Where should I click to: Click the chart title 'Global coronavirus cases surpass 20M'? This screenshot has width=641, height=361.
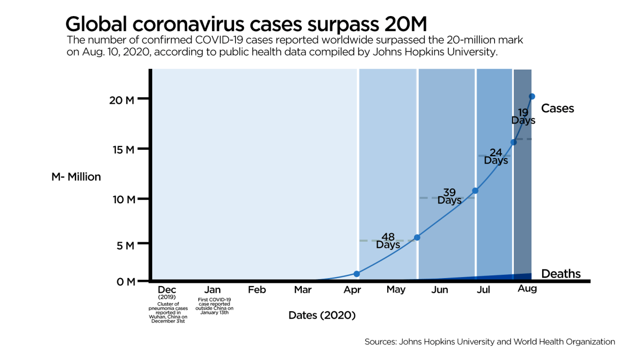[x=246, y=24]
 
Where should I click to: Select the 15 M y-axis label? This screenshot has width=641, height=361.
[x=122, y=150]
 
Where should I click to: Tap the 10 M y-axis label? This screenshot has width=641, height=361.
[x=122, y=199]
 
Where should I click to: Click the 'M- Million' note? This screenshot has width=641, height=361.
[x=76, y=176]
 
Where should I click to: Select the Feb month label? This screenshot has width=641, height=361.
[x=257, y=290]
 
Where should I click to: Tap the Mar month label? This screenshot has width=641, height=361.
[x=302, y=290]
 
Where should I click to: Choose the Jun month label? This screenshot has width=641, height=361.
[x=439, y=290]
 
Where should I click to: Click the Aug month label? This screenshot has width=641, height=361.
[x=527, y=289]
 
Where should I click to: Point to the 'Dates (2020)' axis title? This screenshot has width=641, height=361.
[x=322, y=315]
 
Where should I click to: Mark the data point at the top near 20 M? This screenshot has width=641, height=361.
[x=531, y=96]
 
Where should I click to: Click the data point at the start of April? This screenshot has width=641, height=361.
[x=357, y=274]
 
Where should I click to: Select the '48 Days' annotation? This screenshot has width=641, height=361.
[x=388, y=241]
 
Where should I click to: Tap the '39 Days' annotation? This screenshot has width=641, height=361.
[x=449, y=196]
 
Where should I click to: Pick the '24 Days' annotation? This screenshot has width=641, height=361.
[x=496, y=156]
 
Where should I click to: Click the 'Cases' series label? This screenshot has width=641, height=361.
[x=557, y=109]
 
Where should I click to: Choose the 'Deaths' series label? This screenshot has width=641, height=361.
[x=560, y=274]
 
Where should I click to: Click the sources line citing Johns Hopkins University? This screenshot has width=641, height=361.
[x=490, y=341]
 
